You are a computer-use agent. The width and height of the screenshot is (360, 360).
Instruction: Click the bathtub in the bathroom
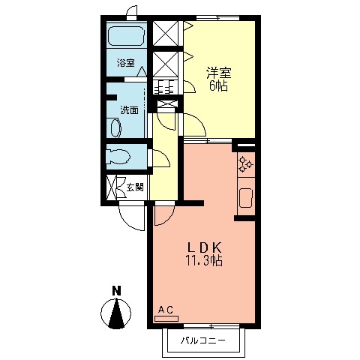126,37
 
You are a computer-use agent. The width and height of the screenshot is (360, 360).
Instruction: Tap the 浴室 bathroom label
126,64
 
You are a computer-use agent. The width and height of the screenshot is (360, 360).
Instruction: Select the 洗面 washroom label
129,110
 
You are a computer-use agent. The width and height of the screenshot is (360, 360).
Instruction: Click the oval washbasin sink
115,128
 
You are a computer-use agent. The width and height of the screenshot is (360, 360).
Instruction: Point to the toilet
120,158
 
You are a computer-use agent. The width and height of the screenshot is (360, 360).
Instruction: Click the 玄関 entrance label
134,187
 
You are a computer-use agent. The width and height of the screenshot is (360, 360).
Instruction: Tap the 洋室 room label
218,73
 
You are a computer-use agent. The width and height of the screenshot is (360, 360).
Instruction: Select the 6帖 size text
218,86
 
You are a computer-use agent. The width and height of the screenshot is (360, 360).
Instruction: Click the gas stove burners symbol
245,163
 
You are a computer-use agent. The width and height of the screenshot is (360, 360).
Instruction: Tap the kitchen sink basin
245,199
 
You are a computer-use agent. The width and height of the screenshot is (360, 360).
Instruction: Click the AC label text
166,309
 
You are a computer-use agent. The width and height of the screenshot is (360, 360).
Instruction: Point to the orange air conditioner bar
166,318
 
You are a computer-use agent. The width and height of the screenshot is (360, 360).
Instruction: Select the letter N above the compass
116,290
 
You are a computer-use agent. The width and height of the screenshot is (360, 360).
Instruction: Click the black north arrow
116,313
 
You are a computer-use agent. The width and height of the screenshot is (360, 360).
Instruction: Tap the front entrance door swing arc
129,220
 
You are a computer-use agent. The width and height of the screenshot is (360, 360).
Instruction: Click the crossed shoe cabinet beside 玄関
114,187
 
